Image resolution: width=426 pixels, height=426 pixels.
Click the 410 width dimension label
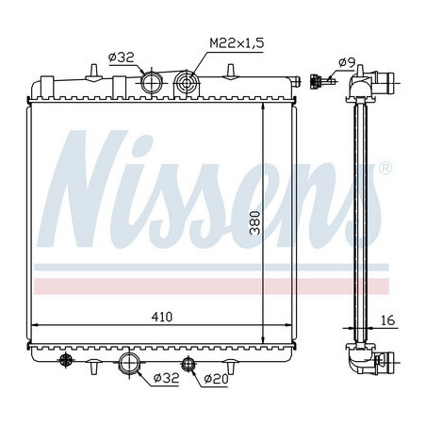[x=162, y=317]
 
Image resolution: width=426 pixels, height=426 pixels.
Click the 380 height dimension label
[x=255, y=222]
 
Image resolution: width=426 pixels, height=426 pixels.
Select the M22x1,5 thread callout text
[x=237, y=43]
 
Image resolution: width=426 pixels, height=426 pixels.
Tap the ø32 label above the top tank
[x=121, y=57]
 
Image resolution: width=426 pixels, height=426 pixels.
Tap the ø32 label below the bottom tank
[x=166, y=378]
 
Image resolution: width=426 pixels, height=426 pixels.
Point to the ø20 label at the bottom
[x=216, y=379]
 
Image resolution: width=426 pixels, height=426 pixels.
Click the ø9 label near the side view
[x=347, y=63]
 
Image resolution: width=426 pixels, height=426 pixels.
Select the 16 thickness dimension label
[x=388, y=320]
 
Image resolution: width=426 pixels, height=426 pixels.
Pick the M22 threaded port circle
[x=187, y=83]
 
